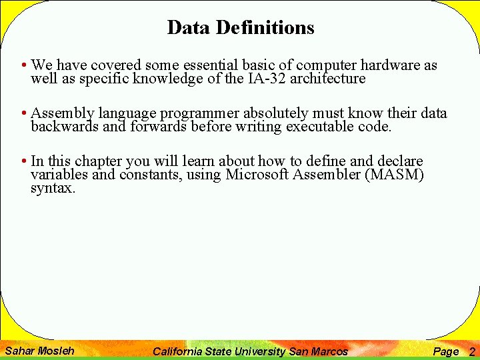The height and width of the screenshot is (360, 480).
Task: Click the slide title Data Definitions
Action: [x=241, y=27]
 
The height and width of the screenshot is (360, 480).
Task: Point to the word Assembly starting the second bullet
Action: [x=63, y=113]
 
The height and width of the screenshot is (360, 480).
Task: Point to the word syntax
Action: [x=53, y=188]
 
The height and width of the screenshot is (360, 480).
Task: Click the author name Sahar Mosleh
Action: [x=39, y=351]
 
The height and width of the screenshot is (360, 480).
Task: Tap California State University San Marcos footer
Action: [x=250, y=351]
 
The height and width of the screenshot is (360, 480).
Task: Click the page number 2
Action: [x=472, y=351]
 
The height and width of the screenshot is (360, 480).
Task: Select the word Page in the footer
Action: [x=445, y=351]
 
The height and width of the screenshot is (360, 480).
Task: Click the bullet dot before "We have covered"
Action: [x=23, y=66]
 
